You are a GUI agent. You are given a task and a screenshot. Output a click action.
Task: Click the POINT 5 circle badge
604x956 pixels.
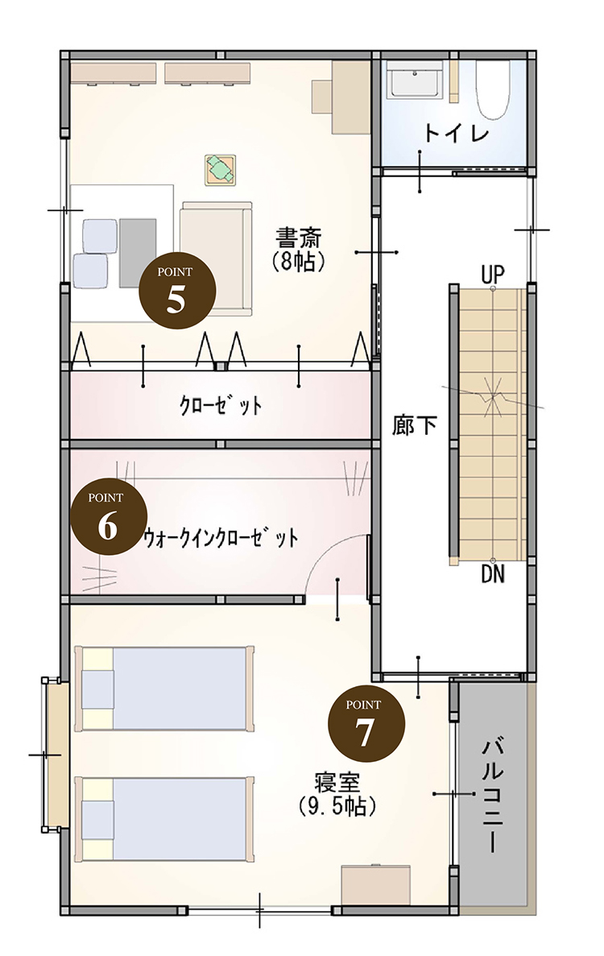coord(176,291)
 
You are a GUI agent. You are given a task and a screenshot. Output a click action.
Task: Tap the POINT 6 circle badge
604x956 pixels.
coord(109,516)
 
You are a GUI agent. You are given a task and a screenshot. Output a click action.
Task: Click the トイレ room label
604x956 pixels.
coord(457,132)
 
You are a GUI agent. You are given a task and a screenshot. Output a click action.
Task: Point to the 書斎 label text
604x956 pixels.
coord(299,237)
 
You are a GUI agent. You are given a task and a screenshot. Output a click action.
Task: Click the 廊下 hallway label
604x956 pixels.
coord(415,425)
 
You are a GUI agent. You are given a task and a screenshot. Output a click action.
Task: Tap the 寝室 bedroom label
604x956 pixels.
coord(337,782)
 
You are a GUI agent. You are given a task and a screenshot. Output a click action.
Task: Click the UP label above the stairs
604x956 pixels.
coord(493,275)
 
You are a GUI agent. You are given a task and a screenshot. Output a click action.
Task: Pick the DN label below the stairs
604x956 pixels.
coord(493,573)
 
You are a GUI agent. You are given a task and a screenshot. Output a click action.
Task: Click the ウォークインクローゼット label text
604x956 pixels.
coord(221,538)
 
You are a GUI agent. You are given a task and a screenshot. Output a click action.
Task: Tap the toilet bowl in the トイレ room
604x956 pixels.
coord(493,90)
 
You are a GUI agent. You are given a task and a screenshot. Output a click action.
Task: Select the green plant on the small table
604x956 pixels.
coord(220,169)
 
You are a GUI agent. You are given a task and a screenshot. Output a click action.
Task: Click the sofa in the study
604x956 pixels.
coord(217,259)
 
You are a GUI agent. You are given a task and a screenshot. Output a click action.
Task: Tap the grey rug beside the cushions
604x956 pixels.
coord(138,252)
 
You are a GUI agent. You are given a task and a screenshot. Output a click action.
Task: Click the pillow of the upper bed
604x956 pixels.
coord(98,689)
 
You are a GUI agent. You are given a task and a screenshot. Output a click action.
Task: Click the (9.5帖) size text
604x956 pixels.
coord(337,807)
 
